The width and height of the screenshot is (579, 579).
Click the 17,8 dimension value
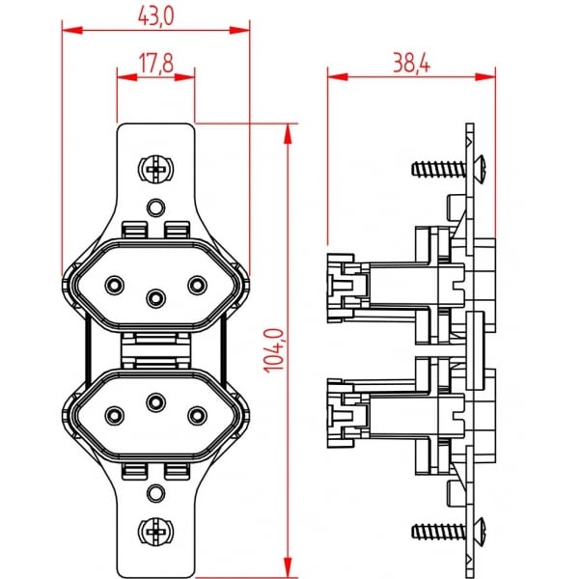[x=155, y=64]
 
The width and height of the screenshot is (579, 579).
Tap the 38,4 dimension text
[x=410, y=64]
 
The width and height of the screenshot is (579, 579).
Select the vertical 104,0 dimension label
[x=273, y=349]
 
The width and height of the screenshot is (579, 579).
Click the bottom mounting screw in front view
[x=154, y=529]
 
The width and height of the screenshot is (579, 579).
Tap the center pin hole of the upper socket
[x=154, y=295]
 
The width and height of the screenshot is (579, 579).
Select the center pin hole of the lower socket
[x=154, y=400]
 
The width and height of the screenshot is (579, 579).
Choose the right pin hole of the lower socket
[x=196, y=414]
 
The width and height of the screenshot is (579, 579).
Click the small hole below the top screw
[x=154, y=206]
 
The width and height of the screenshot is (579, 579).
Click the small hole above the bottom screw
[x=154, y=493]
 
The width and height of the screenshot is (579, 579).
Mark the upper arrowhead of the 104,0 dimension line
[x=289, y=131]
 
